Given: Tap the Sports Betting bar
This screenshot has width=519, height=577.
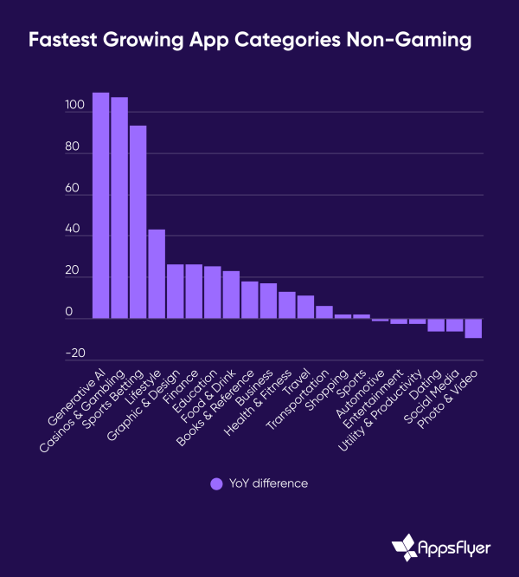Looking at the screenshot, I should (x=138, y=223).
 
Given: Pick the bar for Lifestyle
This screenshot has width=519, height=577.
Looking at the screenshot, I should (x=157, y=275).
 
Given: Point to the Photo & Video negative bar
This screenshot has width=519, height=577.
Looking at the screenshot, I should (x=473, y=328).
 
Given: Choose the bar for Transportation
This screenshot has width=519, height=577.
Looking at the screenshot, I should (x=324, y=313).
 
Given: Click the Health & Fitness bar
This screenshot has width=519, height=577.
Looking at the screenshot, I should (x=287, y=306).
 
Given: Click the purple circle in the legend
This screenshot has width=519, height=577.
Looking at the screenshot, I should (x=216, y=483).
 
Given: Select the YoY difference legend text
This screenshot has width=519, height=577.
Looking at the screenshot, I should (x=268, y=483).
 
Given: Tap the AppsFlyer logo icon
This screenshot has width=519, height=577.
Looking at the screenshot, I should (x=405, y=548).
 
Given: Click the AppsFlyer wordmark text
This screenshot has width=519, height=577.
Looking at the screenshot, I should (x=461, y=548).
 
